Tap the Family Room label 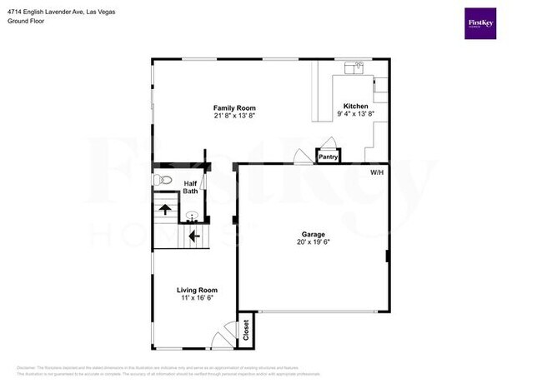coord(234,108)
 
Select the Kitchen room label coord(356,106)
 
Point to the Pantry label coord(328,156)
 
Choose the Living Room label coord(197,291)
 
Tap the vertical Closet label coord(246,331)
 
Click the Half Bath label coord(190,187)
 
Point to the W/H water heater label coord(377,173)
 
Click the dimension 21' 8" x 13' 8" coord(234,116)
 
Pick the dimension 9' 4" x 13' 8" coord(356,113)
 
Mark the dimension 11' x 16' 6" coord(197,298)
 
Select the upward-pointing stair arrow coord(165,209)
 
